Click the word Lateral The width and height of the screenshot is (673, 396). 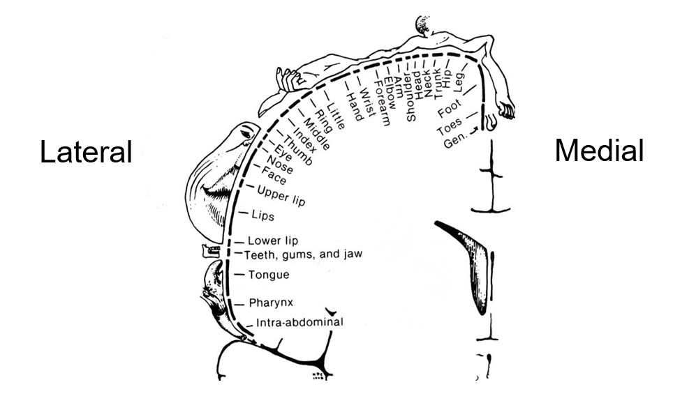pyautogui.click(x=86, y=151)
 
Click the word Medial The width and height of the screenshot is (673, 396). pyautogui.click(x=599, y=150)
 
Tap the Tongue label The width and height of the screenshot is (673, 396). pyautogui.click(x=269, y=275)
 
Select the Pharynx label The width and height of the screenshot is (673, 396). pyautogui.click(x=269, y=303)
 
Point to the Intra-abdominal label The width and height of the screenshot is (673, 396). pyautogui.click(x=299, y=323)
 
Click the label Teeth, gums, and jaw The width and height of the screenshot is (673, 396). pyautogui.click(x=303, y=254)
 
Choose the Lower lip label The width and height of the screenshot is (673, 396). pyautogui.click(x=273, y=241)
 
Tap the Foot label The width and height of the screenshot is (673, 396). pyautogui.click(x=449, y=111)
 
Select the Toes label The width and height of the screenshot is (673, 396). pyautogui.click(x=449, y=130)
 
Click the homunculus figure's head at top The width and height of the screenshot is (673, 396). pyautogui.click(x=424, y=24)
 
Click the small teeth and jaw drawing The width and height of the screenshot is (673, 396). pyautogui.click(x=209, y=250)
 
